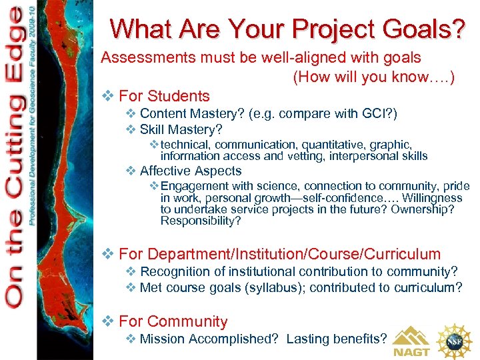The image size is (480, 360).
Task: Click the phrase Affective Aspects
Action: (191, 171)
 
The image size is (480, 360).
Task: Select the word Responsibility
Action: (201, 221)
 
